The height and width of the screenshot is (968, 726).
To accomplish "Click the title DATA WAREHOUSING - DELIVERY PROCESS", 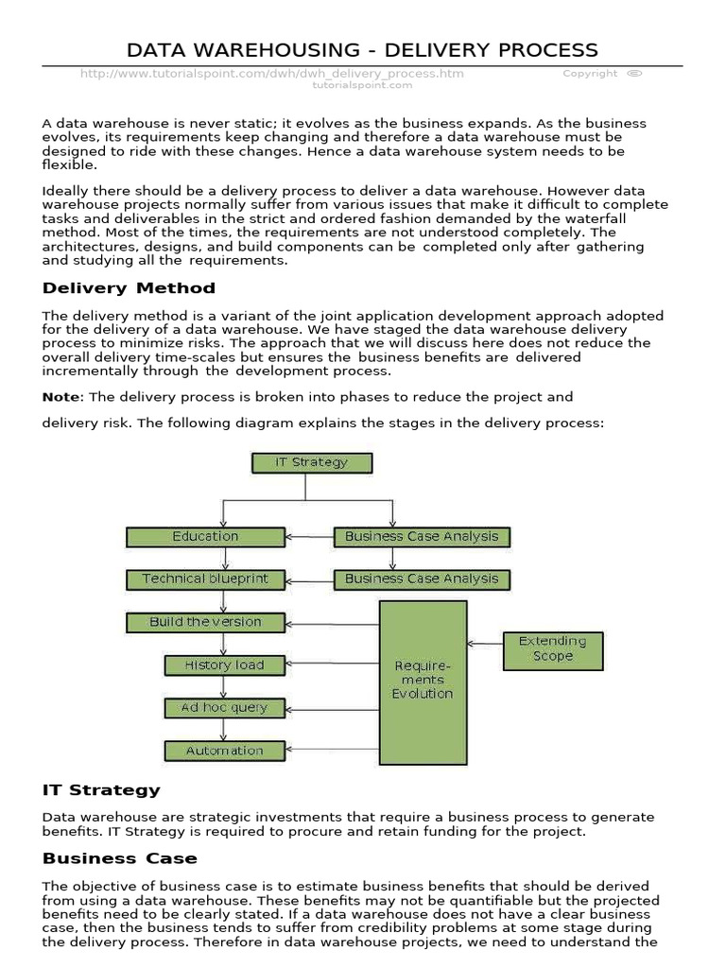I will (362, 49).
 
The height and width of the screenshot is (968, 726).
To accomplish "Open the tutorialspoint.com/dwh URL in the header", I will (272, 74).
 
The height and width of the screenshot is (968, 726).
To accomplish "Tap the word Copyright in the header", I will (590, 74).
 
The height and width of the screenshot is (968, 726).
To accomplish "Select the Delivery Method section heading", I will (129, 288).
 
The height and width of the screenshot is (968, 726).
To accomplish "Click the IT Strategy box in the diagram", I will (312, 462).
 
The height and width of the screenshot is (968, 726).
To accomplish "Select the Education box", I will (205, 536).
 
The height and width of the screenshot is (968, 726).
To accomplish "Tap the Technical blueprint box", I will (205, 579).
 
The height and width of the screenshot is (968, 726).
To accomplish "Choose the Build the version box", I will (205, 622).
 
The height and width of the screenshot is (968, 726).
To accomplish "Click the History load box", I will (224, 665).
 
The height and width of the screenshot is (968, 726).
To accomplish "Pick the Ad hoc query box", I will (224, 707).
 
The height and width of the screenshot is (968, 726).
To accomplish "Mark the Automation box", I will (224, 751).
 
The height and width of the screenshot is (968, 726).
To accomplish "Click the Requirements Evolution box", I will (423, 681).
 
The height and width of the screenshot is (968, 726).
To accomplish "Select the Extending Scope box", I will (553, 649).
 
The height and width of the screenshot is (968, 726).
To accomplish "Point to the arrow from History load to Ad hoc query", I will (224, 686).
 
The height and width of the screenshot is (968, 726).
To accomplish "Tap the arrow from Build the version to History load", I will (224, 644).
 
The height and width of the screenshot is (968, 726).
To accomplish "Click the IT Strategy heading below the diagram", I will (101, 789).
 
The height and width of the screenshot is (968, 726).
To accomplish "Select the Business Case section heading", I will (120, 858).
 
